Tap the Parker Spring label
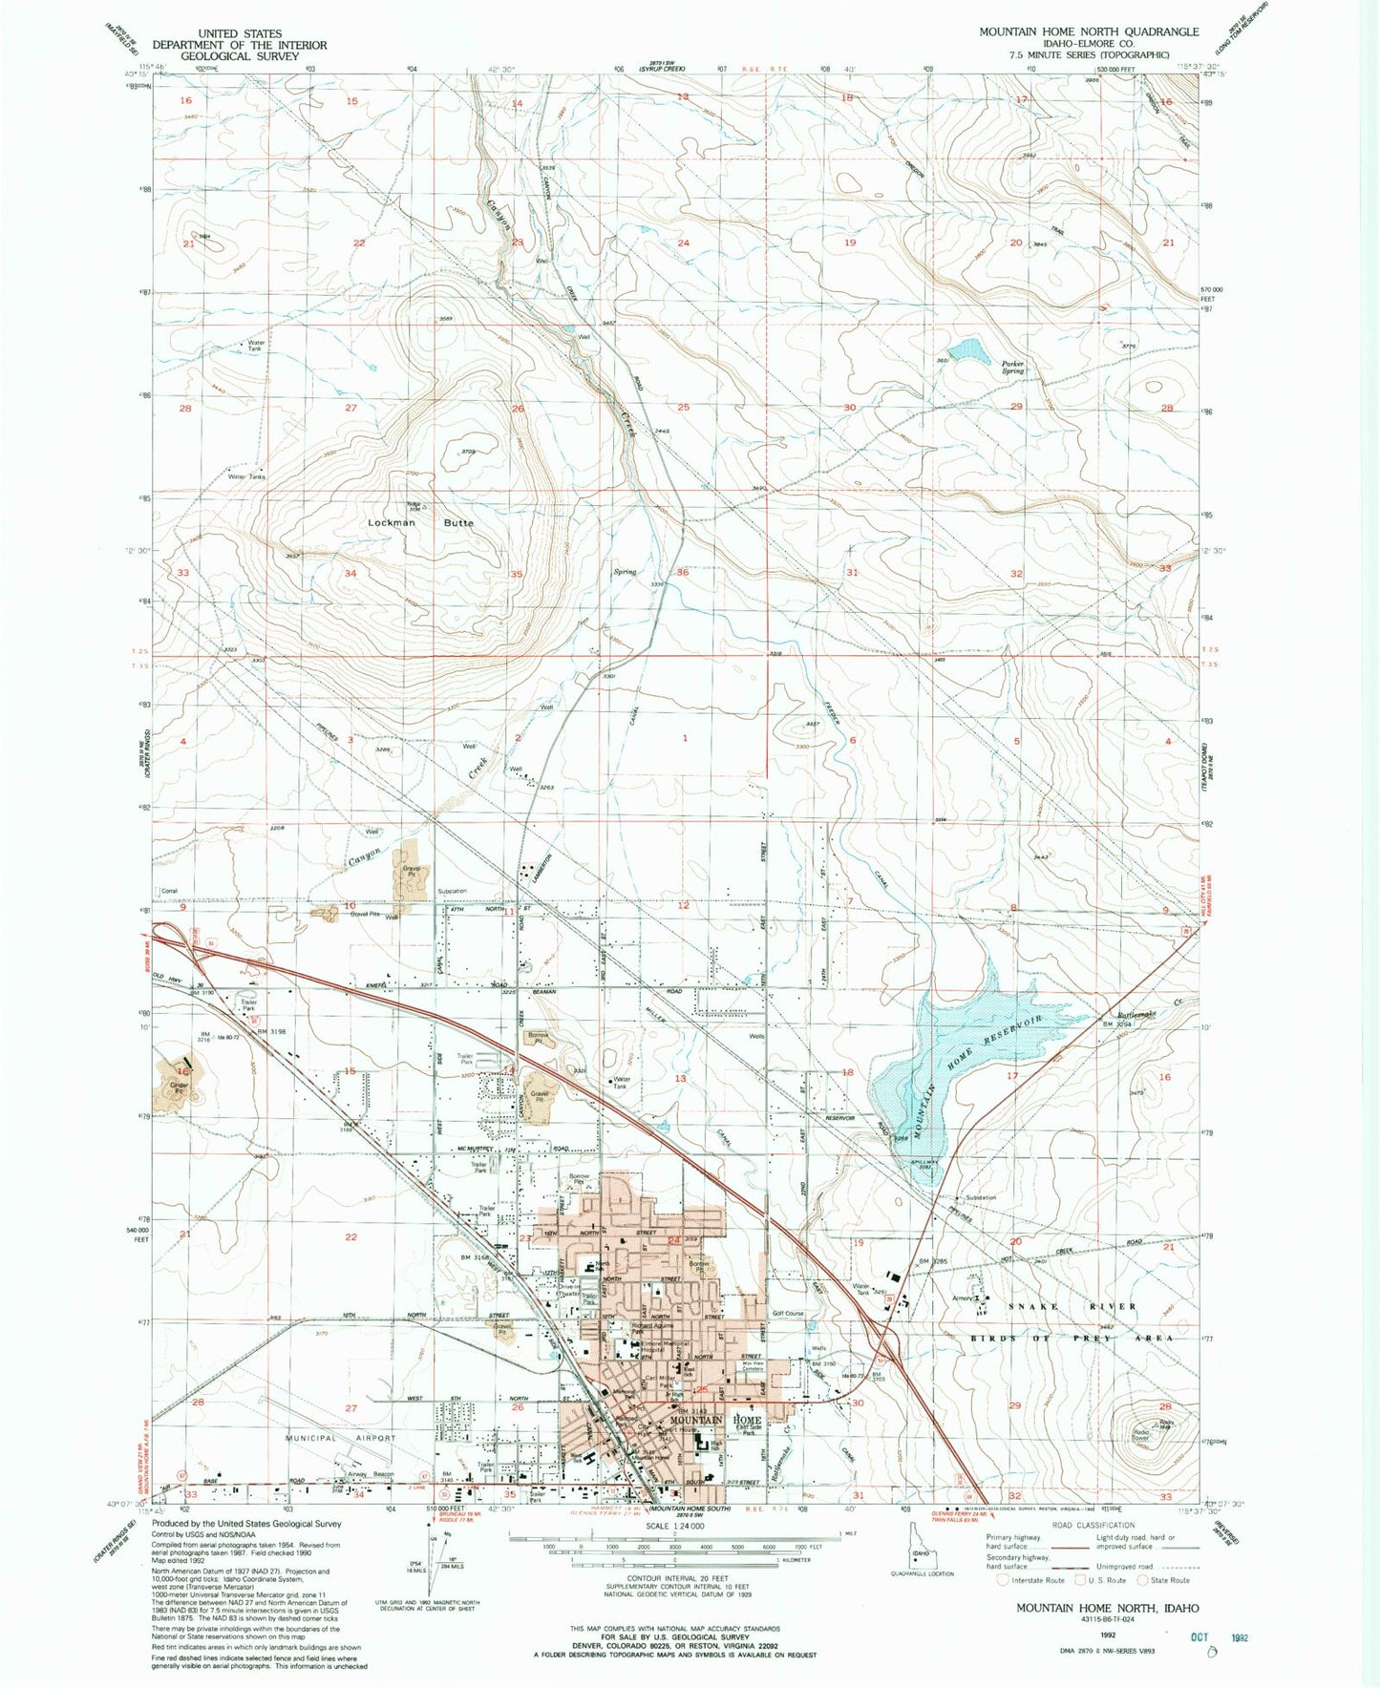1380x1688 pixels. (1012, 367)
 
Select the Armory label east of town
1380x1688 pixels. (963, 1298)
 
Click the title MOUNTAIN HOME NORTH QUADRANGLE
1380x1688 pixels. (1088, 32)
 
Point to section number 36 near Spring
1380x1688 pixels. (682, 573)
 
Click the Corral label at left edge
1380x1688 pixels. (168, 891)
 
